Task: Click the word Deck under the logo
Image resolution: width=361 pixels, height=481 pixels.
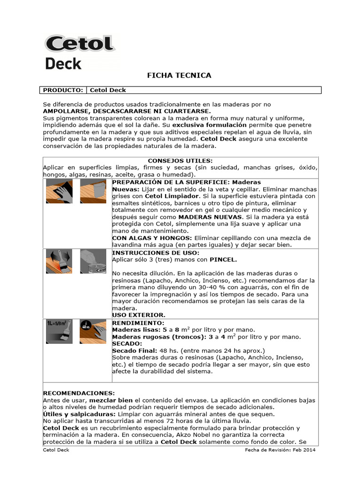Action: click(63, 63)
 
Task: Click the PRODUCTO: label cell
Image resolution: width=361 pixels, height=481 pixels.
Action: click(63, 90)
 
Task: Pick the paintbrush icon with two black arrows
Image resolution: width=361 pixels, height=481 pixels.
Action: click(59, 262)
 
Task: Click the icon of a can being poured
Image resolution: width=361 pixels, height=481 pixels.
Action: click(94, 262)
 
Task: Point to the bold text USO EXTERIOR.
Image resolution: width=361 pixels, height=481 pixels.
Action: click(139, 315)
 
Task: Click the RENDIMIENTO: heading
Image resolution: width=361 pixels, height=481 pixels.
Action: click(138, 323)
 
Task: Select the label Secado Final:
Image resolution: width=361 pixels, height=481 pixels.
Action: click(135, 350)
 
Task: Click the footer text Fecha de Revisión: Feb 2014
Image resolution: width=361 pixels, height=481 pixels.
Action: click(280, 450)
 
